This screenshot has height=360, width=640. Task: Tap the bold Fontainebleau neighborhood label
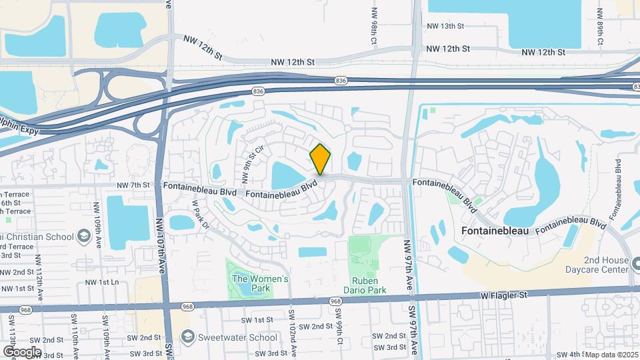pos(501,231)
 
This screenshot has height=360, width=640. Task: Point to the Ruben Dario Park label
pos(365,285)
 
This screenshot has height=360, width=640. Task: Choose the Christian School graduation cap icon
pos(84,236)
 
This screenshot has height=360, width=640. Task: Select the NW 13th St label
pos(445,26)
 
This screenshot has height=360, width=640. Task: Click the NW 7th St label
pos(132,185)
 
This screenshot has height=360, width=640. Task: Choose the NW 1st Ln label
pos(102,283)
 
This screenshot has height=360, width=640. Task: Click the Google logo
pos(22,351)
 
